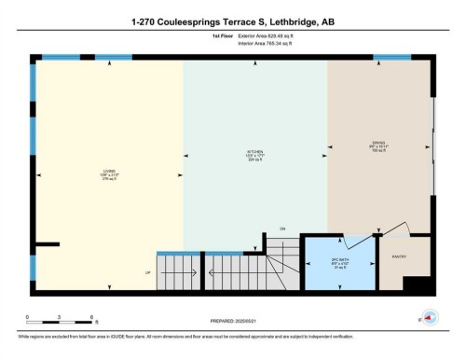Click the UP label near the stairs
(145, 273)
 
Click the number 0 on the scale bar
(27, 317)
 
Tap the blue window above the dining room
(391, 58)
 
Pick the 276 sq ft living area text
(108, 180)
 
